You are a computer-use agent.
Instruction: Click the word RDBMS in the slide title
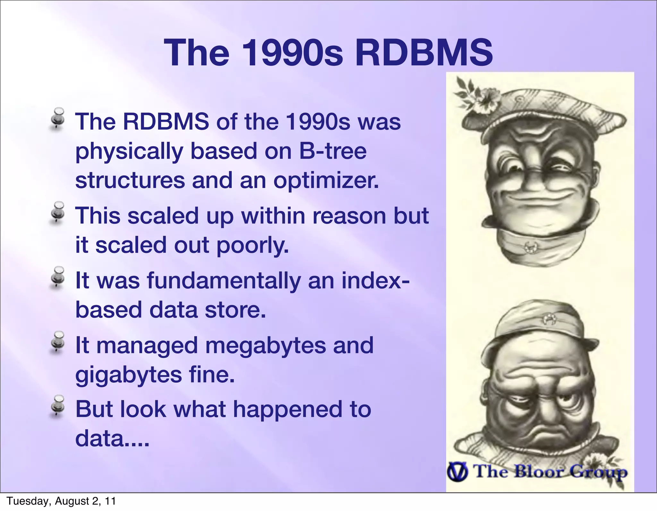pyautogui.click(x=423, y=52)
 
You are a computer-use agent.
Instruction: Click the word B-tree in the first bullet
pyautogui.click(x=333, y=151)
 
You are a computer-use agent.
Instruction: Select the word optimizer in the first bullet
pyautogui.click(x=326, y=181)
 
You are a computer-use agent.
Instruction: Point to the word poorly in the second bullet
pyautogui.click(x=252, y=245)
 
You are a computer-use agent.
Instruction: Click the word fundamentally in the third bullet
pyautogui.click(x=224, y=280)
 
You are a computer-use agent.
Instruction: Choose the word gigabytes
pyautogui.click(x=128, y=375)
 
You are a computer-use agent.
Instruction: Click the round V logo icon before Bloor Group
pyautogui.click(x=458, y=472)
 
